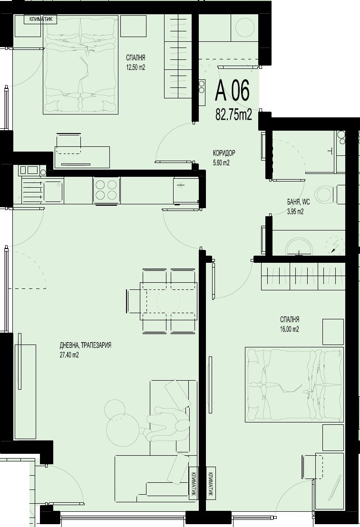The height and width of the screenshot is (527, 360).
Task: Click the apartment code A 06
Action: coord(232,91)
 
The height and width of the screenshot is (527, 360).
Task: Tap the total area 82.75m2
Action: coord(233,115)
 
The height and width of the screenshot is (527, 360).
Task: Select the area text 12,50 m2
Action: coord(135,67)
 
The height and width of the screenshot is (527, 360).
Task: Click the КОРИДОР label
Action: coord(224,153)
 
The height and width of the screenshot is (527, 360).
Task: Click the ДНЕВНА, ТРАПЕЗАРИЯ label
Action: coord(86,345)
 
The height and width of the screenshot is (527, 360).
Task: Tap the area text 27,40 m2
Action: coord(69,355)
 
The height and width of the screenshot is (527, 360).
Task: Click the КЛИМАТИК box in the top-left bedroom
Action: coord(43,19)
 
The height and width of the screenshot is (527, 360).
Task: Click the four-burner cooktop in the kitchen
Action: coord(107,190)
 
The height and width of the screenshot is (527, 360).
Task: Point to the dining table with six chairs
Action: coord(162,301)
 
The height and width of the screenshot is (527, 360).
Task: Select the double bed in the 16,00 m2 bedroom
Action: coord(294,384)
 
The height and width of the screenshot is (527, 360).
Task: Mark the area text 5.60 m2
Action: coord(221,163)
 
